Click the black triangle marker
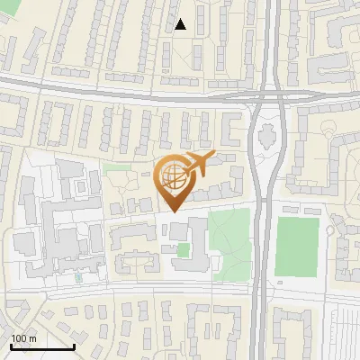(181, 24)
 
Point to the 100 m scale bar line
(41, 347)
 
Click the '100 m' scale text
(23, 338)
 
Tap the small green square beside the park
(184, 250)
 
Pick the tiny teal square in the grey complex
(78, 276)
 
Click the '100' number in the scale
(18, 338)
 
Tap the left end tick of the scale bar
(11, 347)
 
